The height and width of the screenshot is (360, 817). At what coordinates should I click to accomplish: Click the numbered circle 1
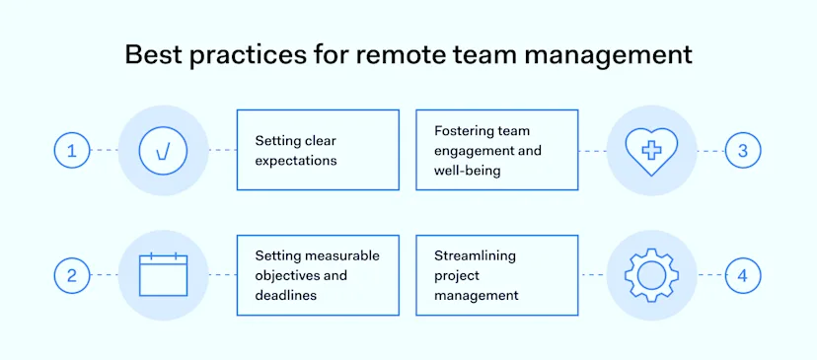(x=72, y=151)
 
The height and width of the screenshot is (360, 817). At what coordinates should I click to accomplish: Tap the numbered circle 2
(x=72, y=275)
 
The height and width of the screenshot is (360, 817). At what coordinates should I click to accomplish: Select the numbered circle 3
(x=743, y=151)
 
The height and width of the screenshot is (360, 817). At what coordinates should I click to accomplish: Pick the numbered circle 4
(x=743, y=275)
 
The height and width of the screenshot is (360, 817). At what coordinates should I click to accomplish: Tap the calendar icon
(x=163, y=274)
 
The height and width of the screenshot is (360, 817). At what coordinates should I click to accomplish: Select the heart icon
(x=651, y=151)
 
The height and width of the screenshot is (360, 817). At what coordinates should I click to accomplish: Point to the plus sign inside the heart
(x=651, y=150)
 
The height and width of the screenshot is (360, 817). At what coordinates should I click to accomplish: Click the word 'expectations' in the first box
(x=296, y=161)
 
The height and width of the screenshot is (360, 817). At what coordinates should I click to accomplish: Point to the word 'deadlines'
(x=285, y=295)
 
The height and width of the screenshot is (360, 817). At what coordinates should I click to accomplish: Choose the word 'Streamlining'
(x=475, y=256)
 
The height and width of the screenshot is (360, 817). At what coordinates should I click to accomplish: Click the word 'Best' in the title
(x=153, y=54)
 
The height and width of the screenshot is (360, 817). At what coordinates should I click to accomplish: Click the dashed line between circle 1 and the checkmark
(x=105, y=151)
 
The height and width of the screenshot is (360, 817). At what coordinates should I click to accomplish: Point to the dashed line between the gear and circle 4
(x=711, y=275)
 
